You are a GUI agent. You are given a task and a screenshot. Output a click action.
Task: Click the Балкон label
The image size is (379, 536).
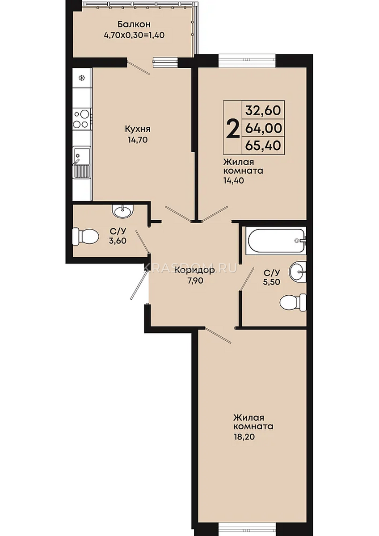pos(134,24)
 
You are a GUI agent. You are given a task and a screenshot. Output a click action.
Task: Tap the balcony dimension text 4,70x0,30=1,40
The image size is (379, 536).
pos(134,35)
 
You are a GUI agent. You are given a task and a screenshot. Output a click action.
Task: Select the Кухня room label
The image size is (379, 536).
pos(137,129)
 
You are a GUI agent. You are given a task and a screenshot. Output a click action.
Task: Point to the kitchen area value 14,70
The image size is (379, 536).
pos(137,140)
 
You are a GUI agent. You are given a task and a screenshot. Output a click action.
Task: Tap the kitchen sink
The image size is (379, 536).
pos(82,163)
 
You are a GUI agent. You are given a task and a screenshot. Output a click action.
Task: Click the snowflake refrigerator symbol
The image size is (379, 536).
pos(82,78)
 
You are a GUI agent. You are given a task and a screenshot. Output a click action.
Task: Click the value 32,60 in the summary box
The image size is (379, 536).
pos(263,110)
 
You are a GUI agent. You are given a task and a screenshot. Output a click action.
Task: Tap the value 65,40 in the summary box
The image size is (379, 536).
pos(263,145)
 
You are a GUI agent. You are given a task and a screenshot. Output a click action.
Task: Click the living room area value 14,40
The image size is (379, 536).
pos(233,180)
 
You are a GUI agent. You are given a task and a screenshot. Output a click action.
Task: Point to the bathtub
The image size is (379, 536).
pos(276,240)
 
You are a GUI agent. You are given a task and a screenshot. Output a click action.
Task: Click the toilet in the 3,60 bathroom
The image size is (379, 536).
pos(85,237)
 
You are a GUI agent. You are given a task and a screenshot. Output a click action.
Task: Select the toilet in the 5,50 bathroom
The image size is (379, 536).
pos(293,303)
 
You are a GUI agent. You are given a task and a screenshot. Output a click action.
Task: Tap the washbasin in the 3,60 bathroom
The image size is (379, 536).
pos(122,211)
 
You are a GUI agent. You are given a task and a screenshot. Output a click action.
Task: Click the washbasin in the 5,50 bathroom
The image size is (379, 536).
pos(298,272)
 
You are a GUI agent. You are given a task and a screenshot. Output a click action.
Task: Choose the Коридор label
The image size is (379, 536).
pos(195,271)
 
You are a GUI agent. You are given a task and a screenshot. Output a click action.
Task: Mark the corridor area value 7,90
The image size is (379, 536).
pos(195,281)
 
